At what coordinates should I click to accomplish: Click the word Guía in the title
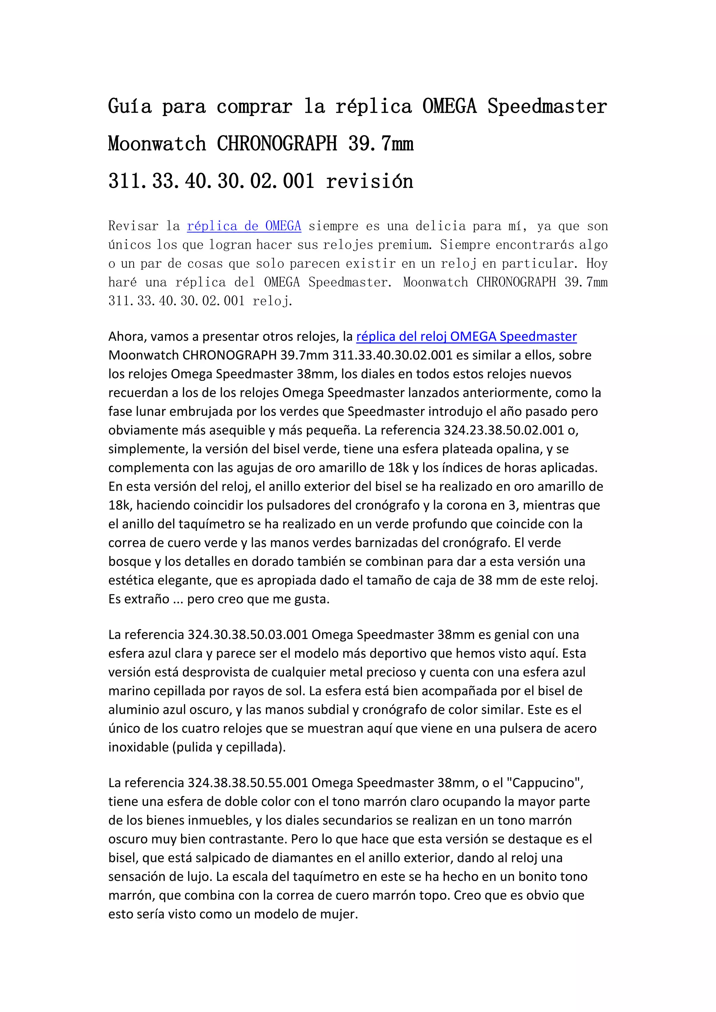[x=130, y=107]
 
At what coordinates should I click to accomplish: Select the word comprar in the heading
[x=255, y=107]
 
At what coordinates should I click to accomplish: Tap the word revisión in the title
[x=370, y=181]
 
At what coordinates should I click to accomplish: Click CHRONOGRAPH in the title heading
[x=277, y=144]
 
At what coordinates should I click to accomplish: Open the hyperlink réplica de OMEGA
[x=244, y=226]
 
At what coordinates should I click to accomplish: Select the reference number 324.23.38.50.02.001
[x=503, y=430]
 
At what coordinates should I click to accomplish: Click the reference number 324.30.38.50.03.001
[x=248, y=634]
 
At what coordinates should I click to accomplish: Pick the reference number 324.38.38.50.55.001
[x=248, y=782]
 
